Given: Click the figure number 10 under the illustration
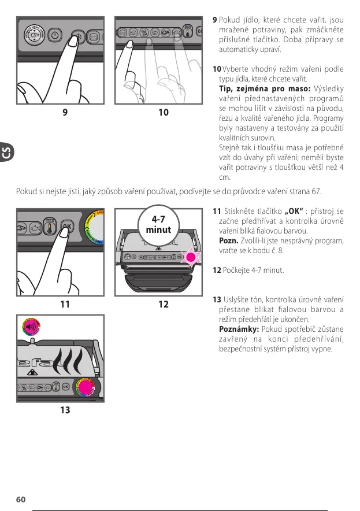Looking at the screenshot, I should [x=164, y=113].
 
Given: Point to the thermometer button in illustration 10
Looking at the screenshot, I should [x=188, y=32].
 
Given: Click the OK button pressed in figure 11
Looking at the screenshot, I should [x=68, y=227].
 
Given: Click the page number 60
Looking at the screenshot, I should [x=20, y=499].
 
